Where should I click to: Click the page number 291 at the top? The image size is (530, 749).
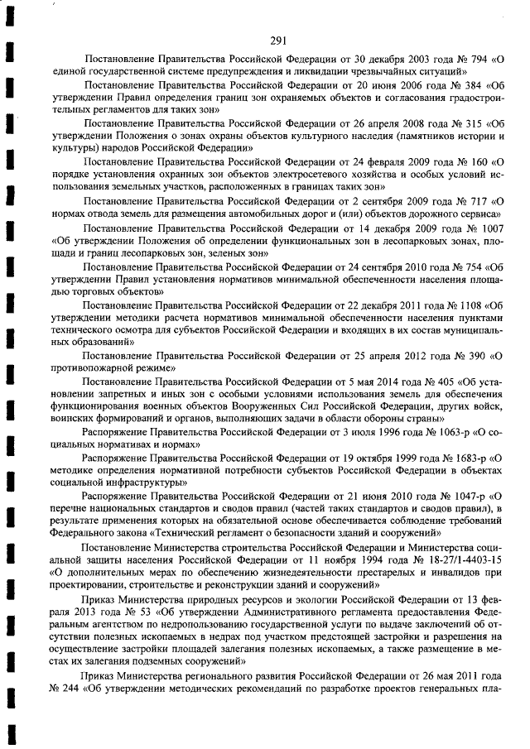click(278, 17)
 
